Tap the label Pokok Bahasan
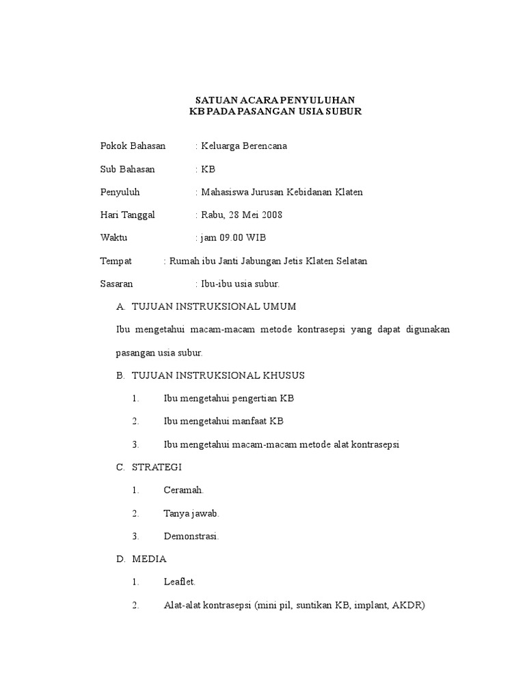click(x=133, y=146)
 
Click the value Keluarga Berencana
click(x=244, y=146)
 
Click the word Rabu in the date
click(x=212, y=215)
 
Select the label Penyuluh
click(x=120, y=192)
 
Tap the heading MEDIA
click(x=149, y=559)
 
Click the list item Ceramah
click(x=184, y=490)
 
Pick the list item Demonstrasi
click(x=191, y=537)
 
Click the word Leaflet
click(x=180, y=582)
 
